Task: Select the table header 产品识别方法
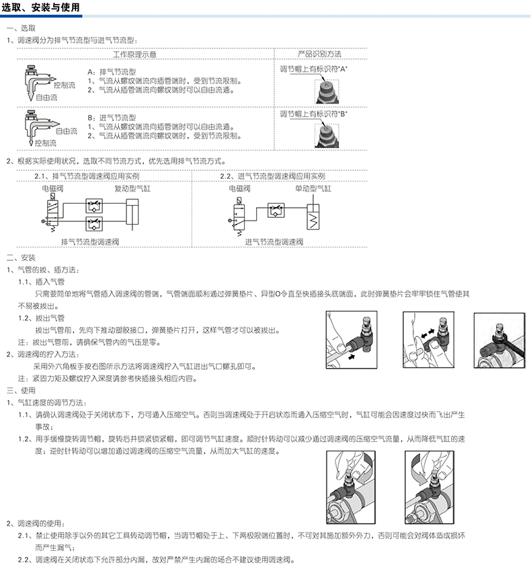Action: click(x=319, y=54)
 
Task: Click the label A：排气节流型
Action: click(x=112, y=71)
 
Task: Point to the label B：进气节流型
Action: click(x=112, y=117)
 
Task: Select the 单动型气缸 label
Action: click(x=313, y=189)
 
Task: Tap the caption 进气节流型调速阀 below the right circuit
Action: click(x=274, y=241)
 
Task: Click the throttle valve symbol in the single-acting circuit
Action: click(x=275, y=209)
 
